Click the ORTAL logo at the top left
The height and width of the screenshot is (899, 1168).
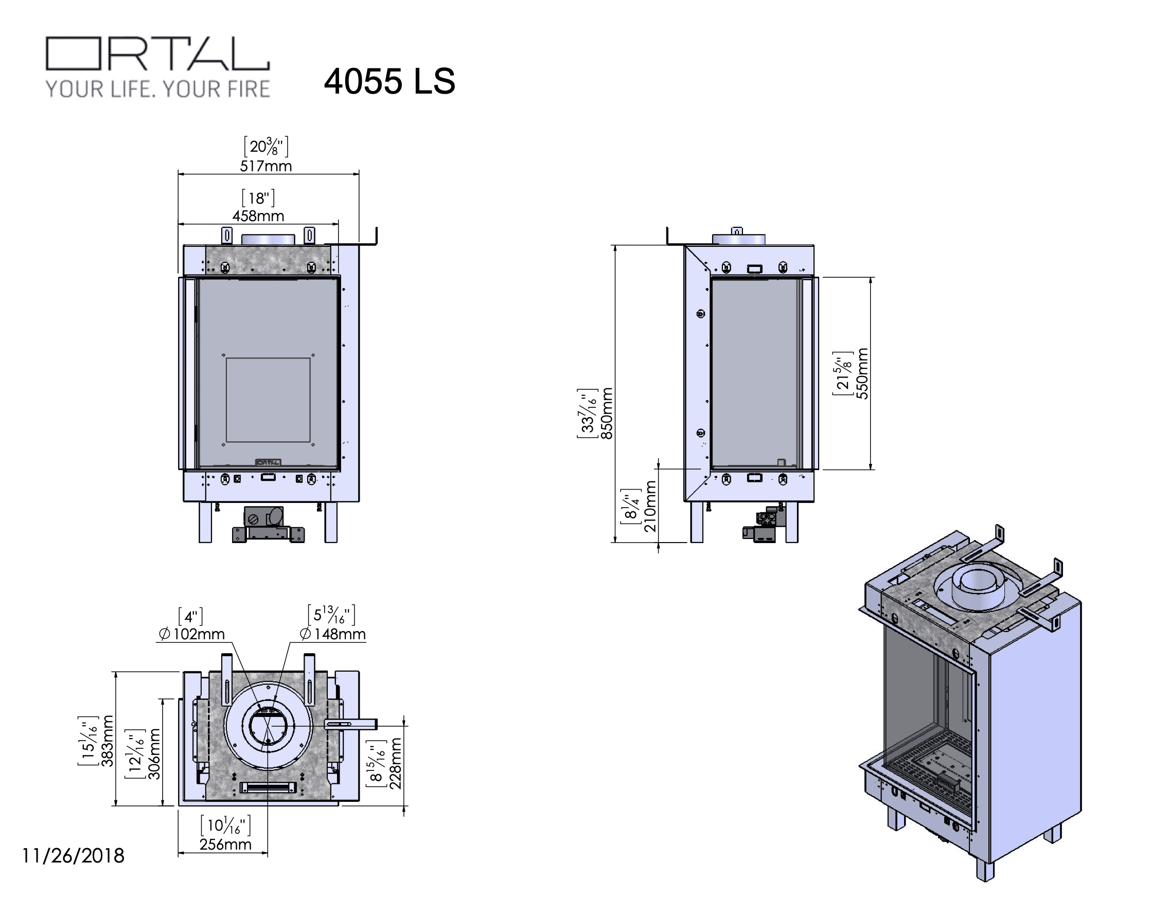(x=158, y=53)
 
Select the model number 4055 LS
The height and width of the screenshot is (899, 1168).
(x=390, y=81)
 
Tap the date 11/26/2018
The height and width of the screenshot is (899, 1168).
(x=73, y=856)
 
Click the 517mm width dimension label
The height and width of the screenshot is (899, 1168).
(x=266, y=166)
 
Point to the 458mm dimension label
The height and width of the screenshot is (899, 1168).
(x=258, y=215)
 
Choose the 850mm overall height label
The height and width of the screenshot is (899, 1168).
(x=607, y=413)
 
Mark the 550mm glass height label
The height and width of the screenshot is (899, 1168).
(x=862, y=373)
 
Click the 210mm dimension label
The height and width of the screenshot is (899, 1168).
(x=650, y=506)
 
